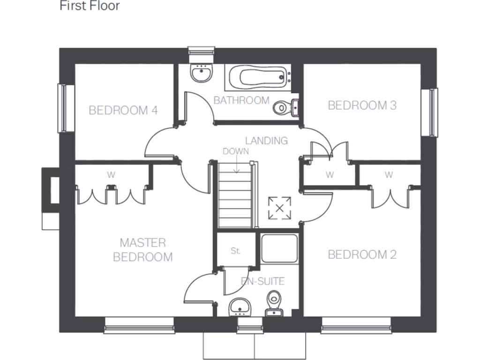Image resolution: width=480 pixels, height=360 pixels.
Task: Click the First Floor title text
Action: click(90, 6)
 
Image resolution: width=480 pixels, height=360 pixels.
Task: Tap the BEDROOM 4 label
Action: click(123, 111)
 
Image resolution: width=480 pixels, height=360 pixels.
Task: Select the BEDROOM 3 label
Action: click(362, 105)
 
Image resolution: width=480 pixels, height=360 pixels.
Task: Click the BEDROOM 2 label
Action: click(362, 255)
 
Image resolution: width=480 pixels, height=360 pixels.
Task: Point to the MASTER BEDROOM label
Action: click(143, 250)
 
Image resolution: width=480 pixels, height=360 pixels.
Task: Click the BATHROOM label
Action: click(241, 100)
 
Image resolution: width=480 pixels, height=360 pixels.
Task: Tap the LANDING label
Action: click(266, 141)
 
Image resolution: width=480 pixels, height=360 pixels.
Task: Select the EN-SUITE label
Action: click(262, 281)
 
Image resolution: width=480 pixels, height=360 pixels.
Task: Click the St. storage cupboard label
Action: click(235, 251)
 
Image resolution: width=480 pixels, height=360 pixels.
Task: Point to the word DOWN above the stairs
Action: click(236, 151)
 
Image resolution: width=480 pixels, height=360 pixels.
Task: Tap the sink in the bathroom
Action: click(202, 73)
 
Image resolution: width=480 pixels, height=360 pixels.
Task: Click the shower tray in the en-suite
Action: click(279, 248)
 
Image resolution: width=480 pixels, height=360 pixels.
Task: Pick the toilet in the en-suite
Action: click(273, 303)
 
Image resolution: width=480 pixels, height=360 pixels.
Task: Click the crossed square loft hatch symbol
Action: click(279, 208)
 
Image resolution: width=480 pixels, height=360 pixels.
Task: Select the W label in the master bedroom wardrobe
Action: click(111, 175)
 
